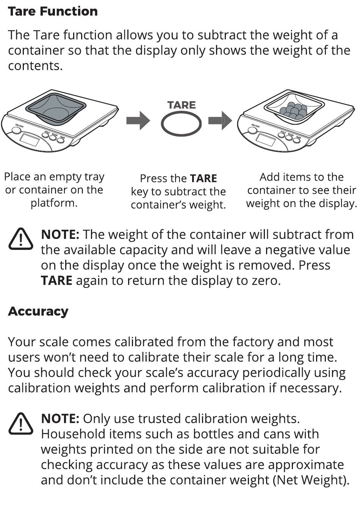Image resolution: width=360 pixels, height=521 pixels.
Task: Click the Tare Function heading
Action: tap(53, 11)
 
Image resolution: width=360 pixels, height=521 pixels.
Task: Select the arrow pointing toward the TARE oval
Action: tap(138, 121)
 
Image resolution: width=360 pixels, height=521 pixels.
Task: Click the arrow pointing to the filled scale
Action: tap(220, 121)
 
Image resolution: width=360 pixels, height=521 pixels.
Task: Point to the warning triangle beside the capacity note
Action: tap(21, 239)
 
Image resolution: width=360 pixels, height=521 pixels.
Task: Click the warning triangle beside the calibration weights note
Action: tap(21, 424)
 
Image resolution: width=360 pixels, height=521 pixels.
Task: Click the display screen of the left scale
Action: tap(29, 140)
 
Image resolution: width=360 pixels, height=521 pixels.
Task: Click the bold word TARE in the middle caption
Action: tap(203, 178)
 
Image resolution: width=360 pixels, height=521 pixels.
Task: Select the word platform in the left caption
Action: tap(54, 203)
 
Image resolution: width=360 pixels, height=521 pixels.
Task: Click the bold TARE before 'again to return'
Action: tap(56, 281)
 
